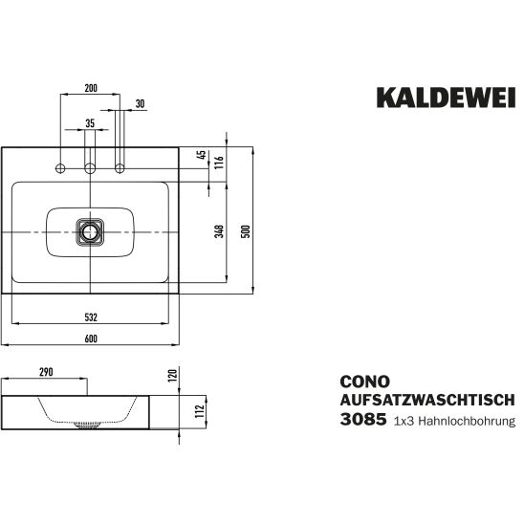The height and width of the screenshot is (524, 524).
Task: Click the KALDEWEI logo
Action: coord(446,98)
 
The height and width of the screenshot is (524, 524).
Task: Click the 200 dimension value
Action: coord(91,88)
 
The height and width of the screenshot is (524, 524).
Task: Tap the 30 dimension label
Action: coord(141,104)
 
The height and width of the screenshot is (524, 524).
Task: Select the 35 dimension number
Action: coord(90,123)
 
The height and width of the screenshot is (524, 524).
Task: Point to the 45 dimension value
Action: coord(202,155)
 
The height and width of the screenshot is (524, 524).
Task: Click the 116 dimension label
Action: coord(219,163)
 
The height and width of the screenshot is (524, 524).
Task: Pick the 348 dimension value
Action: coord(219,231)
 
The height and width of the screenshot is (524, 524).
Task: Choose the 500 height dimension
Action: coord(246,231)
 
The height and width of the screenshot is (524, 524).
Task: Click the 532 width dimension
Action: coord(91,317)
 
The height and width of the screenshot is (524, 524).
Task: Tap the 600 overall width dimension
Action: coord(91,338)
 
